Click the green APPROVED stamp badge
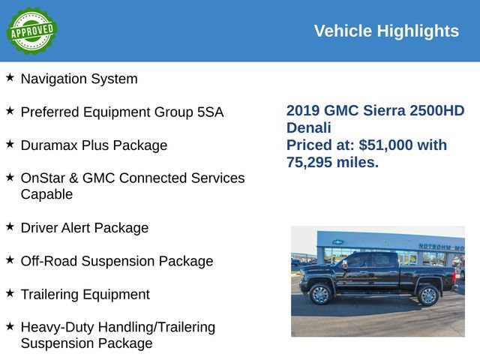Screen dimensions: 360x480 pyautogui.click(x=31, y=31)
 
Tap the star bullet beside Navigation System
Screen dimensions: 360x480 pyautogui.click(x=10, y=77)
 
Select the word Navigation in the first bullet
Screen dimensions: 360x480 pyautogui.click(x=55, y=79)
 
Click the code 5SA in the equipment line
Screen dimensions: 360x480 pyautogui.click(x=210, y=112)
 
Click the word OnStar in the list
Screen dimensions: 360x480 pyautogui.click(x=45, y=178)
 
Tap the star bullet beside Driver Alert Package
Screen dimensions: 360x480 pyautogui.click(x=10, y=226)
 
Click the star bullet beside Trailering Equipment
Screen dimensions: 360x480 pyautogui.click(x=10, y=293)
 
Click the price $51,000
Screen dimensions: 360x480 pyautogui.click(x=387, y=145)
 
